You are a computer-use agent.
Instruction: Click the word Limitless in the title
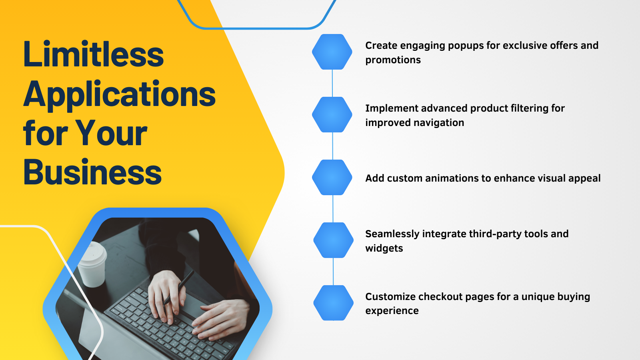tap(94, 54)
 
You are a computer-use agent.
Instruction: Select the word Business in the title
tap(92, 172)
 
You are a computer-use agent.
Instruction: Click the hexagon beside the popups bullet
tap(332, 52)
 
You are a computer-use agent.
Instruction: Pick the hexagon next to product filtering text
tap(332, 114)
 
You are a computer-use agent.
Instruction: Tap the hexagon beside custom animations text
tap(332, 178)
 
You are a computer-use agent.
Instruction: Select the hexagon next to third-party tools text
tap(334, 240)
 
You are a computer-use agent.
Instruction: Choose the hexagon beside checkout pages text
tap(334, 303)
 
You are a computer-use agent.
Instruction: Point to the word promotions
tap(393, 60)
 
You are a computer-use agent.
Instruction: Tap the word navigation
tap(439, 123)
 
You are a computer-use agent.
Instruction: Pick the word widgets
tap(384, 248)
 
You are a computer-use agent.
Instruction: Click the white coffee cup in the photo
tap(92, 264)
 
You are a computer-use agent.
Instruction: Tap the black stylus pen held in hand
tap(178, 287)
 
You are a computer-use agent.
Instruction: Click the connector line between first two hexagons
tap(332, 83)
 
